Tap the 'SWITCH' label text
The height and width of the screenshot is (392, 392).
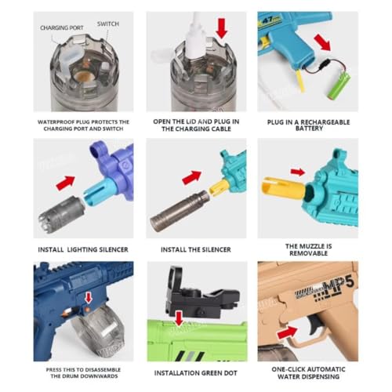coord(108,24)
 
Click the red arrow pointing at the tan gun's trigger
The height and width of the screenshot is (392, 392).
coord(289,334)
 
